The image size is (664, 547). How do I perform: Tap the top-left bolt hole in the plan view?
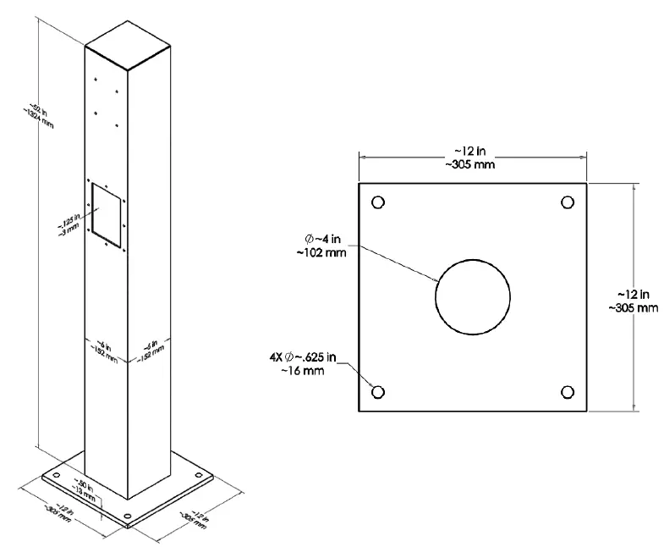click(377, 202)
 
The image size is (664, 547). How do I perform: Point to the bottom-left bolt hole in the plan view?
click(377, 392)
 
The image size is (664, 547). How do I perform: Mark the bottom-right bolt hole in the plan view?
click(568, 392)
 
